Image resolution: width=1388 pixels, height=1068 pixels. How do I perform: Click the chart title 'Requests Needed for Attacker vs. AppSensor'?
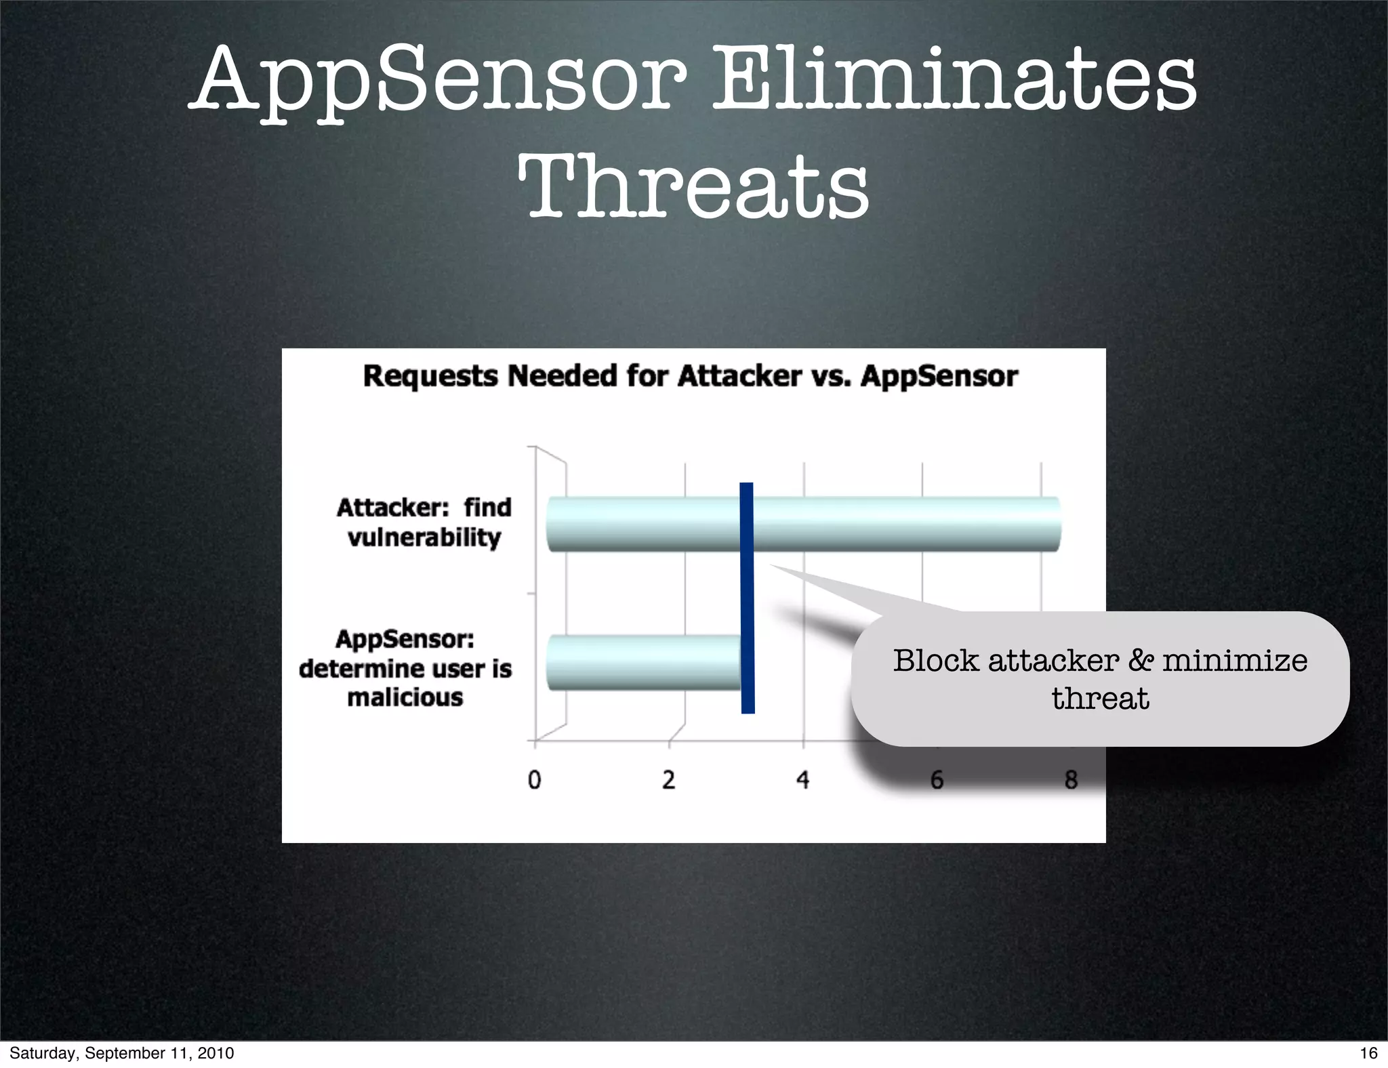tap(690, 375)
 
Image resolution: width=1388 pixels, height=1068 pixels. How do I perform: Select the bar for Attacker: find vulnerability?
tap(803, 524)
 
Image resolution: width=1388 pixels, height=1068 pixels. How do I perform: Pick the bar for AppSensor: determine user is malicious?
tap(644, 662)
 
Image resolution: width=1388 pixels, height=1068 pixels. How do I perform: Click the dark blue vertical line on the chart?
tap(747, 598)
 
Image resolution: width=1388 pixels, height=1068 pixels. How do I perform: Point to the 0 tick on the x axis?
tap(535, 780)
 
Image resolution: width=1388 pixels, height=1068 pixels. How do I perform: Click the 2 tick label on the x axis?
tap(669, 780)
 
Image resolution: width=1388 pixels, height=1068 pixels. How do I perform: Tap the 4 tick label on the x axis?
tap(803, 780)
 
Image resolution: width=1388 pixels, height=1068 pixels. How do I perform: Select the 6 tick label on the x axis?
tap(937, 780)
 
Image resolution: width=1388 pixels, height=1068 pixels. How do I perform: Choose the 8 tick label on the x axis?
tap(1071, 780)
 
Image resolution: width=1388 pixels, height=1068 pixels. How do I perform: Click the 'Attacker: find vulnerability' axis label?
tap(424, 522)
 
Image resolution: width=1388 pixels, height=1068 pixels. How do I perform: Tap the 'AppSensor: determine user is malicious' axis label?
tap(405, 668)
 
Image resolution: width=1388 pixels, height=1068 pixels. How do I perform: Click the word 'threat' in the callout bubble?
tap(1100, 699)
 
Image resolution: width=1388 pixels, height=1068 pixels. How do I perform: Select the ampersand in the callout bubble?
tap(1140, 661)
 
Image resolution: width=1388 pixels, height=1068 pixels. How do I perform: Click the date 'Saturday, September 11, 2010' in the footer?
tap(122, 1052)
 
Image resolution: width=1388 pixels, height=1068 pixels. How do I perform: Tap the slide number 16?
tap(1368, 1052)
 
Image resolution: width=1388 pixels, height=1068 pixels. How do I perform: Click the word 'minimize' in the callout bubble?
tap(1235, 661)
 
